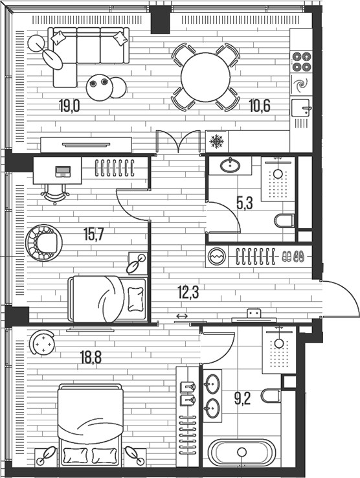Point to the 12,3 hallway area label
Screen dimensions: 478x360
tap(188, 292)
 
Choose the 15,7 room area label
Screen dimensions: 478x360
tap(94, 234)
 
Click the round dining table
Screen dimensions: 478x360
tap(206, 77)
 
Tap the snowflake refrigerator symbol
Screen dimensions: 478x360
tap(216, 141)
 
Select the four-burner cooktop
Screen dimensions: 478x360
tap(301, 60)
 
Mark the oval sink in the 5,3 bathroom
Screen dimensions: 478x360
tap(231, 166)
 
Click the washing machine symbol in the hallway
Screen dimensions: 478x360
tap(216, 256)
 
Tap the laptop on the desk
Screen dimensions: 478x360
tap(63, 172)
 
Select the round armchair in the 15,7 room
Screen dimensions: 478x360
tap(45, 242)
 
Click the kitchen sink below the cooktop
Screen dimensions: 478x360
tap(301, 108)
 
